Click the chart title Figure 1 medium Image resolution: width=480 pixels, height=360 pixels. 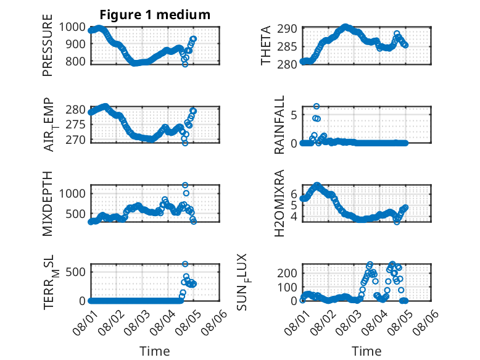[x=155, y=15]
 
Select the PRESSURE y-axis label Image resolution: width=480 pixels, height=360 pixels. [x=48, y=45]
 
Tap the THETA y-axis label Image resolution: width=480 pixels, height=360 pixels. [x=266, y=45]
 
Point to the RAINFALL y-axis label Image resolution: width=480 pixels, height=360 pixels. [x=279, y=125]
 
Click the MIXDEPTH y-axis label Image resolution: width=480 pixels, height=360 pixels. [x=48, y=203]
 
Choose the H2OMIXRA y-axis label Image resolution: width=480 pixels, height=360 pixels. [x=279, y=203]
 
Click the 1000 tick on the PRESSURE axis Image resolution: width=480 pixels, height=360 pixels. [x=72, y=27]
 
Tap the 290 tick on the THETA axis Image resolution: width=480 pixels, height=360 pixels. [x=287, y=29]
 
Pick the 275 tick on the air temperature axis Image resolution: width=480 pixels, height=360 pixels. [x=75, y=125]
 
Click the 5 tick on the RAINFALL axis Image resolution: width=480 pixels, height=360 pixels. [x=294, y=115]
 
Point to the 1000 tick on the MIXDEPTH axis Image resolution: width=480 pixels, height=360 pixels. [x=72, y=194]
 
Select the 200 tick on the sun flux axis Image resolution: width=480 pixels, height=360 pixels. [x=287, y=273]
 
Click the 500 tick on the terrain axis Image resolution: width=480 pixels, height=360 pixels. [x=75, y=272]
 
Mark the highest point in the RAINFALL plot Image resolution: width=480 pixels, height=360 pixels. [x=317, y=106]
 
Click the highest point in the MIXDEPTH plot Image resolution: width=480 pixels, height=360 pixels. [x=185, y=185]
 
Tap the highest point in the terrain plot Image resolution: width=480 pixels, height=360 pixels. [x=185, y=264]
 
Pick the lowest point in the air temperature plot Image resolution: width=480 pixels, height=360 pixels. [x=185, y=143]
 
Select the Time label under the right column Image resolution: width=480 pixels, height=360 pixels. [x=366, y=351]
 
